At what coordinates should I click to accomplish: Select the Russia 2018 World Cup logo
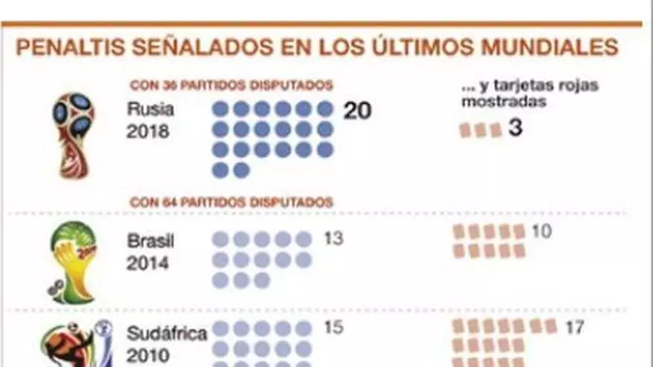(x=73, y=133)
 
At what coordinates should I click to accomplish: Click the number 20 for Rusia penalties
(x=357, y=110)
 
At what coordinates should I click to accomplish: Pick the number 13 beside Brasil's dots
(x=334, y=239)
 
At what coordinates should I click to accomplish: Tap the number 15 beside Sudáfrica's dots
(x=334, y=327)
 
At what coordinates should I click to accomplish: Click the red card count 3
(x=515, y=128)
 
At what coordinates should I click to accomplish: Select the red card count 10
(x=542, y=231)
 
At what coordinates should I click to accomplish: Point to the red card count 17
(x=574, y=326)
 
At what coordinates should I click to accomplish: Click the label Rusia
(x=150, y=110)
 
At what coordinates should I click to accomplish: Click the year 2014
(x=148, y=263)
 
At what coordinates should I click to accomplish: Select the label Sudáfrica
(x=166, y=332)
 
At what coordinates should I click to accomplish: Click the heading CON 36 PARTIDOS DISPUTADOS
(x=231, y=85)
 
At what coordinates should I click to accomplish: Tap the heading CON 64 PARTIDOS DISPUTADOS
(x=231, y=202)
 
